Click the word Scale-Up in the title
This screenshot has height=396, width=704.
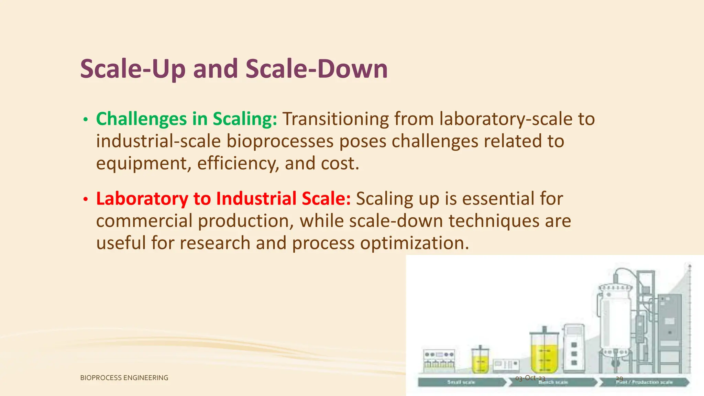[133, 69]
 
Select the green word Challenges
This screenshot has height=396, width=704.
[141, 119]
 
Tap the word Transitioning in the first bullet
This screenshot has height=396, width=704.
[335, 119]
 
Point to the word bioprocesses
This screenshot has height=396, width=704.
[280, 141]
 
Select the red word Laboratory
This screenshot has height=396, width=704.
[142, 199]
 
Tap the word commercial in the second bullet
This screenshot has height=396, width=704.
[144, 221]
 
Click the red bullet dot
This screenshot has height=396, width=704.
[86, 199]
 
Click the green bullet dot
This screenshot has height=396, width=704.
[86, 120]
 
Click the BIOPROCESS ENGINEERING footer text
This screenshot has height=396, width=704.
[124, 378]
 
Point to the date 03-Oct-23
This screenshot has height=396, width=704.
[530, 378]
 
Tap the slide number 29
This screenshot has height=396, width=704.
[619, 378]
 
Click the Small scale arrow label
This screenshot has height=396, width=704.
[461, 382]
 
